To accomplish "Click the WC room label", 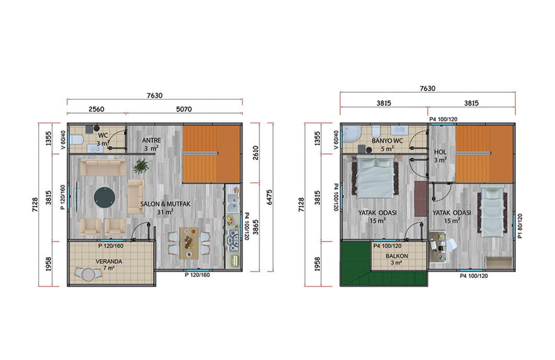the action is [x=103, y=135].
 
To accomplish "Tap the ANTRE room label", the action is [x=152, y=141].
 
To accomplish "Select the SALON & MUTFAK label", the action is [x=165, y=204].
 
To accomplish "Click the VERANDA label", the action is [x=109, y=262].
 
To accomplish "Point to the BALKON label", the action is [x=397, y=256].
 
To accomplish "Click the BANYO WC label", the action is [x=387, y=141].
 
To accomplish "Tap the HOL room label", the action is [x=441, y=152].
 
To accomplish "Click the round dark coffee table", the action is [x=105, y=197].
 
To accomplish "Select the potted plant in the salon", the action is [x=141, y=166].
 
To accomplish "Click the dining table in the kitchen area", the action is [x=189, y=243].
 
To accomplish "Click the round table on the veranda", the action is [x=88, y=274].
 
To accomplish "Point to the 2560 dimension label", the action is [x=96, y=109].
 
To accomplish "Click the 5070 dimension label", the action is [x=184, y=109].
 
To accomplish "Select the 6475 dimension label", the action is [x=270, y=197].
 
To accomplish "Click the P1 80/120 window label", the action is [x=520, y=226].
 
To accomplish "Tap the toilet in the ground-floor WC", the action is [x=76, y=140].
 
